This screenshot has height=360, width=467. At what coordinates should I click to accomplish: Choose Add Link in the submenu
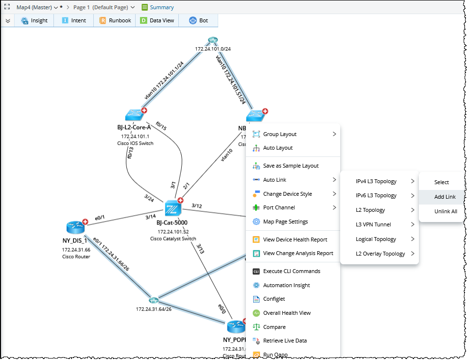pyautogui.click(x=445, y=197)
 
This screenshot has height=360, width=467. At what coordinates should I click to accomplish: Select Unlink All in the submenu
pyautogui.click(x=446, y=211)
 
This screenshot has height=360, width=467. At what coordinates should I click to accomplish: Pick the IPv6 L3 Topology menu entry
pyautogui.click(x=376, y=196)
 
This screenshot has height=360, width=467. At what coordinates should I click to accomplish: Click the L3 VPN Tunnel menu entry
pyautogui.click(x=373, y=224)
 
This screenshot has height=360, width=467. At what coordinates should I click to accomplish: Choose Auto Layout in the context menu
pyautogui.click(x=278, y=148)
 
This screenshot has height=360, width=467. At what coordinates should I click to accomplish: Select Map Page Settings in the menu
pyautogui.click(x=285, y=222)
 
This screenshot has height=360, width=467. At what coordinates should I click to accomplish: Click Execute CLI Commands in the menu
pyautogui.click(x=292, y=271)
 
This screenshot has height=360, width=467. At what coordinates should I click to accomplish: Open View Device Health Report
pyautogui.click(x=295, y=240)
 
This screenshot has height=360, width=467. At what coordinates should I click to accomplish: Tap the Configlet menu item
pyautogui.click(x=274, y=299)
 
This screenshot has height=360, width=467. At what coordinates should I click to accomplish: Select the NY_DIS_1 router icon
pyautogui.click(x=76, y=227)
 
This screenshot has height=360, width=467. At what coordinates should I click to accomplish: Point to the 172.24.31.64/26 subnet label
pyautogui.click(x=154, y=309)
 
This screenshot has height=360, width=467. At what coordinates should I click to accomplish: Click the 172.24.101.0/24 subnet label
pyautogui.click(x=213, y=49)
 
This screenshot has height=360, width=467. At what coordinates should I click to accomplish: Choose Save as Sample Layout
pyautogui.click(x=291, y=166)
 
